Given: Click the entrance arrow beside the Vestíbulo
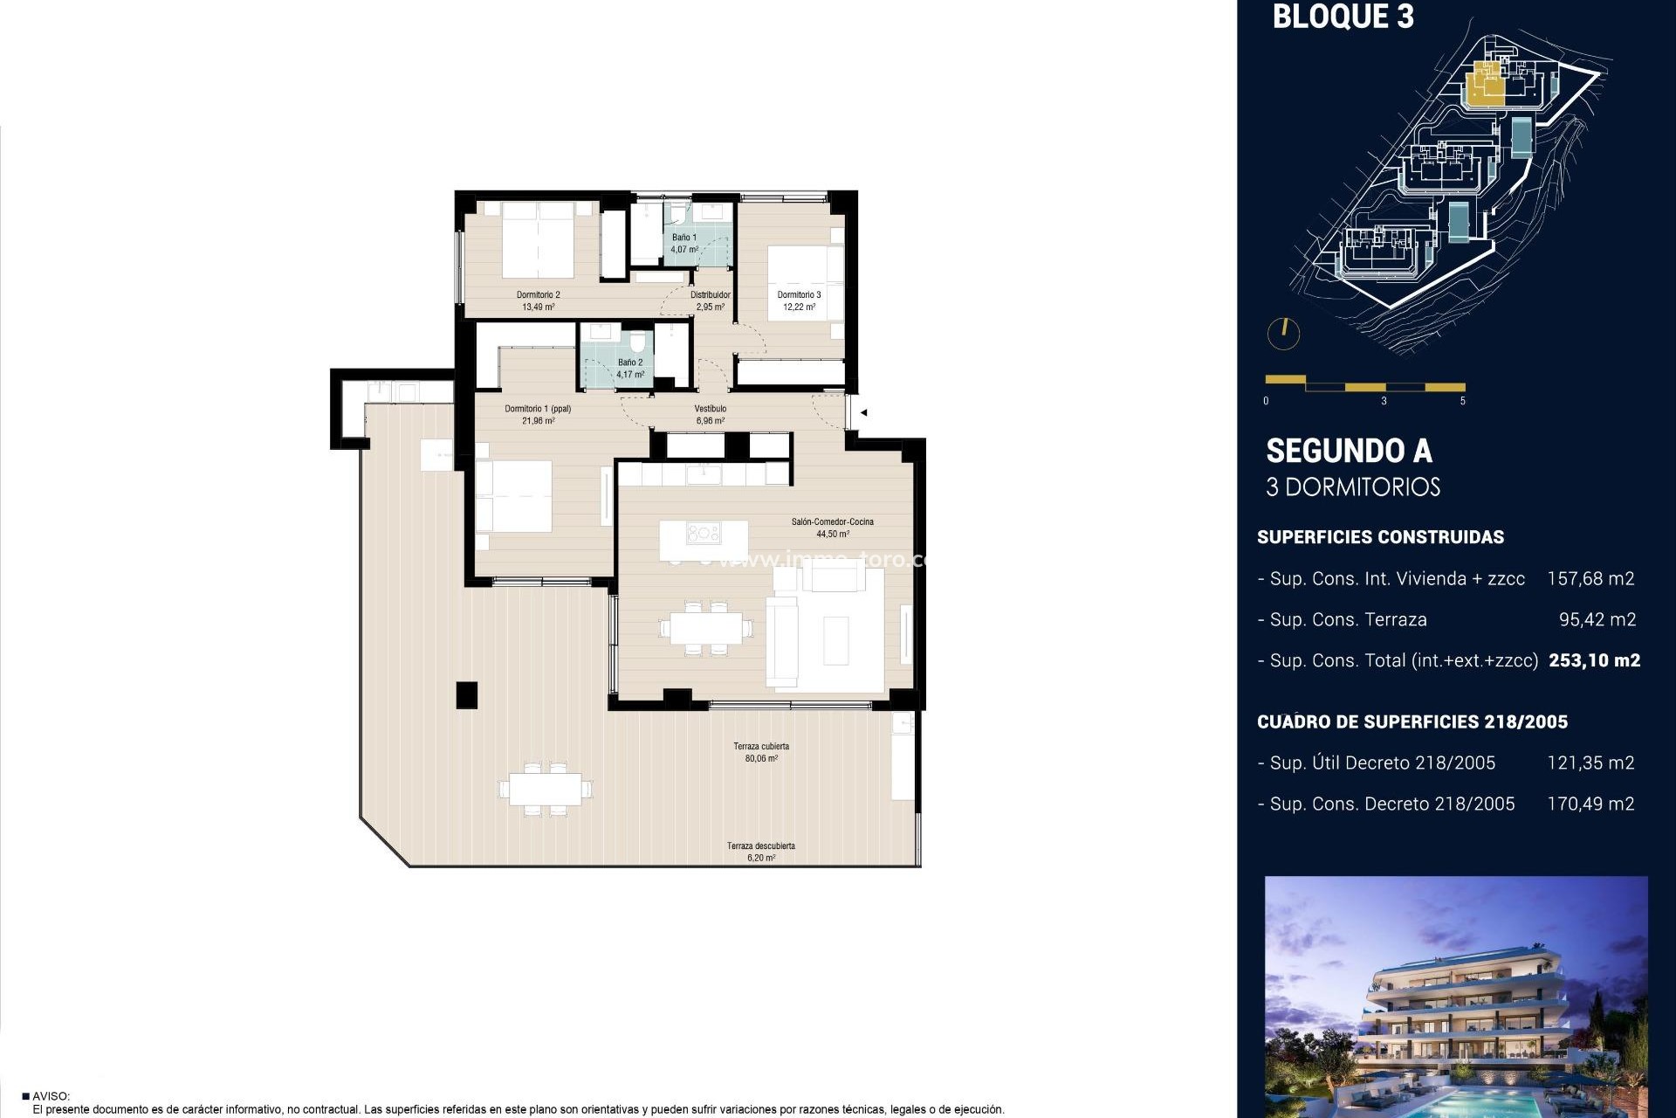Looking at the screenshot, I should coord(863,412).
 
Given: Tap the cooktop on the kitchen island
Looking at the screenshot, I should coord(703,533).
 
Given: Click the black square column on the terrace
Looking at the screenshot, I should coord(467,694).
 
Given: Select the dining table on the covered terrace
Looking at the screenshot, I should coord(546,790).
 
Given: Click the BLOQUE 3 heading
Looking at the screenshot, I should coord(1343,17).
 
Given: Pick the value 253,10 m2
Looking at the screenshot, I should coord(1594,660).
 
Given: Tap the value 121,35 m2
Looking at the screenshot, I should coord(1590,763).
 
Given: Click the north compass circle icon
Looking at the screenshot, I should coord(1283,333).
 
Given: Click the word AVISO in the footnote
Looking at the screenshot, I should coord(51,1096).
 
